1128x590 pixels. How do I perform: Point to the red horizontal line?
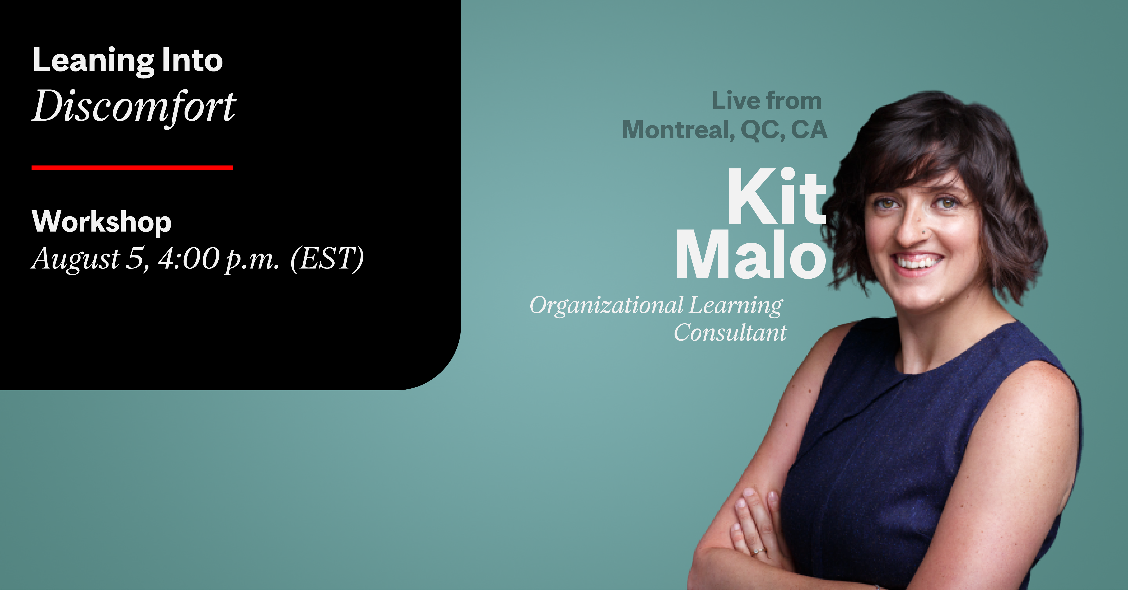click(132, 168)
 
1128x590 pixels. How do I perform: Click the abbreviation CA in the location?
click(809, 130)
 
